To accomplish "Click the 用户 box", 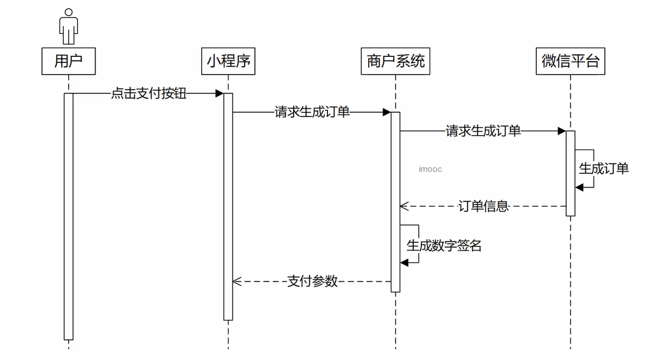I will click(68, 61).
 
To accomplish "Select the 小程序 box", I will click(229, 61).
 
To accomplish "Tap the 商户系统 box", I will click(396, 61).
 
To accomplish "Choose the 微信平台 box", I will click(571, 61).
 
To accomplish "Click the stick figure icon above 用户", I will click(68, 26).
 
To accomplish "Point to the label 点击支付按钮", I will click(149, 93).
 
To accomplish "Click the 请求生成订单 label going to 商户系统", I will click(312, 112).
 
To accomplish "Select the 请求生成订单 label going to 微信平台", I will click(483, 131).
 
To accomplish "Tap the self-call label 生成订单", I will click(603, 168).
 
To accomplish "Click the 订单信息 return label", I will click(483, 206).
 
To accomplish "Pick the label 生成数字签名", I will click(444, 246).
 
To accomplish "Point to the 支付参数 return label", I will click(312, 281).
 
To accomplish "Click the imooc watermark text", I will click(430, 169).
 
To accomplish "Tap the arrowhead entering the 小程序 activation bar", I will click(220, 93).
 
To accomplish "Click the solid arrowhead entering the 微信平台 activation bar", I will click(561, 131).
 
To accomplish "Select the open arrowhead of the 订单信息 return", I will click(404, 206).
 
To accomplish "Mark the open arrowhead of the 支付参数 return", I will click(237, 281).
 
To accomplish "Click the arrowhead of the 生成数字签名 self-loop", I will click(405, 262).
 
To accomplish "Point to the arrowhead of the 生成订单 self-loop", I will click(580, 187).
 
